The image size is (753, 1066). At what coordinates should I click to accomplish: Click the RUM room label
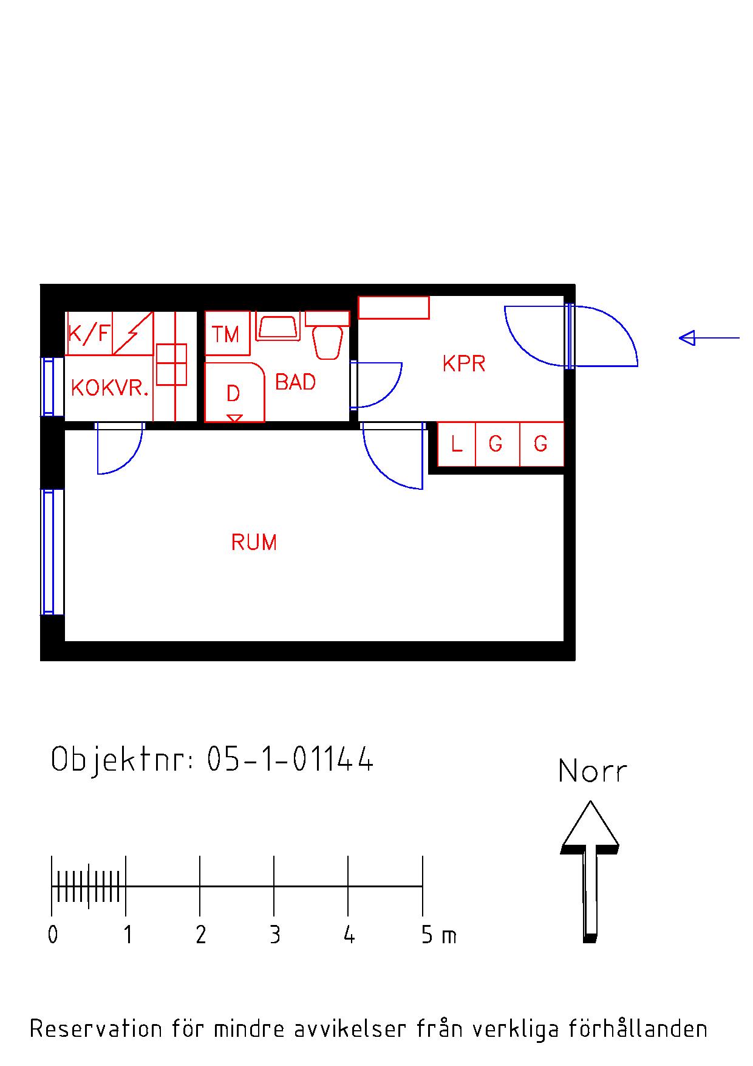click(254, 542)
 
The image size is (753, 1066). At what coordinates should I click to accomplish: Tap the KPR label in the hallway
click(464, 363)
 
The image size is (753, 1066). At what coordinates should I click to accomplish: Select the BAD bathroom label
click(296, 382)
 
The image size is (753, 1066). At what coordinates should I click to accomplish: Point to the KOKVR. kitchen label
click(110, 388)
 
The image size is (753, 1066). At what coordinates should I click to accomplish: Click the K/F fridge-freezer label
click(89, 334)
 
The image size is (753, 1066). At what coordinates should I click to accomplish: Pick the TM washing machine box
click(228, 333)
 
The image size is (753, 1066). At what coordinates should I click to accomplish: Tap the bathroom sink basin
click(278, 327)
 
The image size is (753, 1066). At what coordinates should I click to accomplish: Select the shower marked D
click(234, 392)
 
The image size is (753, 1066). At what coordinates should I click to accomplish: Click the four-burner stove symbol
click(171, 364)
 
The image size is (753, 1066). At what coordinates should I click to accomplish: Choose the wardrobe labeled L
click(457, 444)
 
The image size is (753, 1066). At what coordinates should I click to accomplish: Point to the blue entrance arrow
click(709, 338)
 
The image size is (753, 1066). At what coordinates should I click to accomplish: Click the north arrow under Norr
click(590, 872)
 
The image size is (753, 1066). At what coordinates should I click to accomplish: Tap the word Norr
click(592, 771)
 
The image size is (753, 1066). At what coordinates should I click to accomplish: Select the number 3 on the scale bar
click(275, 935)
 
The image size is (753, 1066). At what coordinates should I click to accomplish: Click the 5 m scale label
click(438, 935)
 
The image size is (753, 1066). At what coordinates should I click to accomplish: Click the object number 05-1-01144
click(290, 759)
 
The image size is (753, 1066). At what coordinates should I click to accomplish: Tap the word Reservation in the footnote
click(97, 1029)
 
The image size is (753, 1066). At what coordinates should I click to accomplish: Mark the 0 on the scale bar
click(53, 935)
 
